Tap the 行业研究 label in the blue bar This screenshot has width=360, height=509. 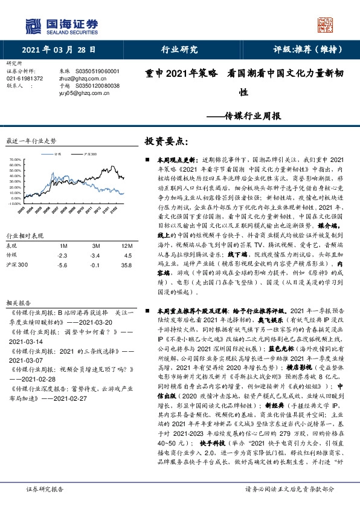pos(181,50)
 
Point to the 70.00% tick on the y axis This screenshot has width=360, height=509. pos(16,160)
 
